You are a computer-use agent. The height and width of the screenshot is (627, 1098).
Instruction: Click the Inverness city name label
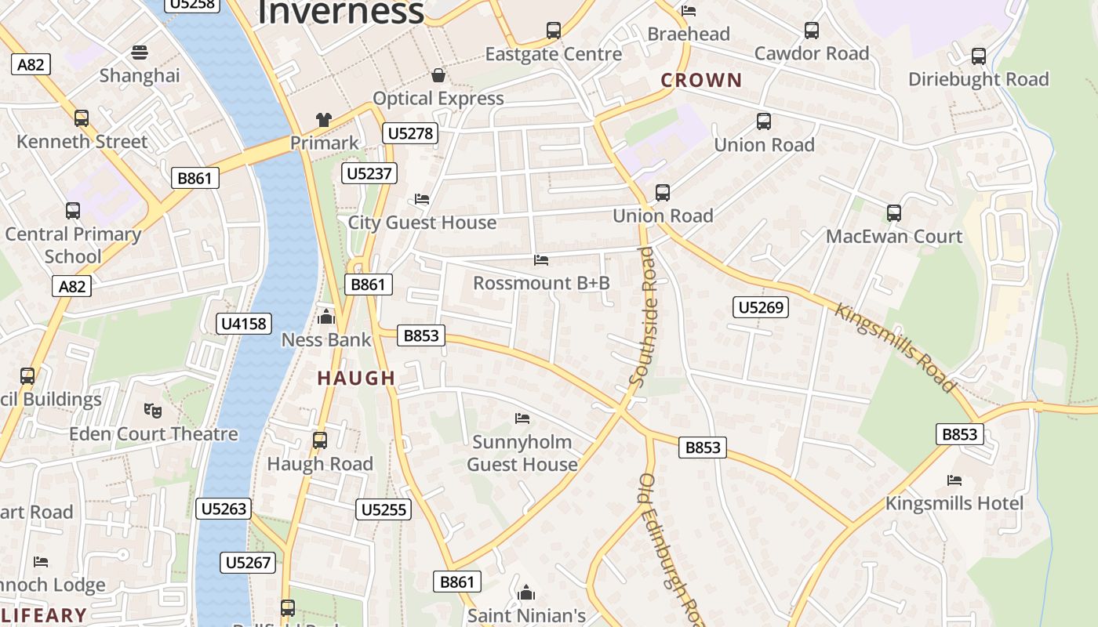tap(340, 12)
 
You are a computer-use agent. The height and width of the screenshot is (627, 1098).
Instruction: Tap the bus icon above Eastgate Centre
tap(554, 31)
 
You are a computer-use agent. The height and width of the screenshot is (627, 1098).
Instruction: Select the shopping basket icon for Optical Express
tap(438, 75)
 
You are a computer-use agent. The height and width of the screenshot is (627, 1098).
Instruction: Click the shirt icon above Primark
tap(324, 120)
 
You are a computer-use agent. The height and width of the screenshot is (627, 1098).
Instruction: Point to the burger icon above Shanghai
tap(140, 53)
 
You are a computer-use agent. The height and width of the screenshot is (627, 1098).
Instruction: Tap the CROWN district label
tap(701, 80)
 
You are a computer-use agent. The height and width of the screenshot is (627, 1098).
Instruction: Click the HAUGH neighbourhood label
tap(356, 378)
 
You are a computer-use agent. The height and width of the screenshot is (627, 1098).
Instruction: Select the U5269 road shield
tap(761, 307)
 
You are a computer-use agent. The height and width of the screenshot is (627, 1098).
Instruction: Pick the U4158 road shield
tap(244, 323)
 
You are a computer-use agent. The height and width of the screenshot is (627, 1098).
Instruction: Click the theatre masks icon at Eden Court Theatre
tap(153, 410)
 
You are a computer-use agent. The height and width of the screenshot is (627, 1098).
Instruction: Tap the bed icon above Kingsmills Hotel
tap(954, 480)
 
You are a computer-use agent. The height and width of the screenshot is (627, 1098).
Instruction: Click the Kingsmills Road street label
tap(896, 347)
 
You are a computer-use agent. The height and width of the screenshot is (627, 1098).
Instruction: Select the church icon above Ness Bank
tap(325, 317)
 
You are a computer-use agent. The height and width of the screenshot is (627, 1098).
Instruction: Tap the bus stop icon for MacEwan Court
tap(893, 212)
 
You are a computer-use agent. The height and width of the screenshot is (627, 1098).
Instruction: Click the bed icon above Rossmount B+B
tap(540, 259)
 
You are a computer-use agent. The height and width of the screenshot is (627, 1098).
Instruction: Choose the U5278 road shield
tap(410, 133)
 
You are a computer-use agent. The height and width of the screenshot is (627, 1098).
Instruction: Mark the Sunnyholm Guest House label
tap(522, 453)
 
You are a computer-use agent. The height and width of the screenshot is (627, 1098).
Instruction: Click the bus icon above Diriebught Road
tap(978, 56)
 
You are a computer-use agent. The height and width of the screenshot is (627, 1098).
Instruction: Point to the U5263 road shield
tap(224, 509)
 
